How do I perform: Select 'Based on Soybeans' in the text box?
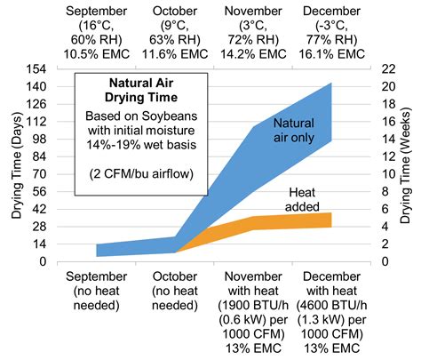click(141, 118)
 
